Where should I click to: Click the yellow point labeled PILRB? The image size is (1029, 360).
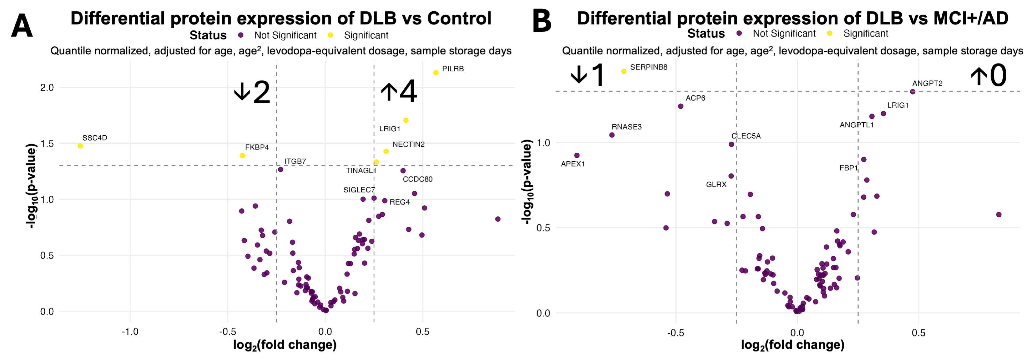pos(436,73)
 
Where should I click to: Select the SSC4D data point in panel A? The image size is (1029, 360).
pos(80,146)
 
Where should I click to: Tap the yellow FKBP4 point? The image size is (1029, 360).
pos(242,155)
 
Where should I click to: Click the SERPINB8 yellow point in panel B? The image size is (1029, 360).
pos(624,71)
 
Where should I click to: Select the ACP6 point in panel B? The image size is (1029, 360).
pos(681,106)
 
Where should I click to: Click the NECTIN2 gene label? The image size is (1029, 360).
pos(409,144)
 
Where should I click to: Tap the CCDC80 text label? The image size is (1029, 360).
pos(417,179)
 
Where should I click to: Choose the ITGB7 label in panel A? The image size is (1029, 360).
pos(295,162)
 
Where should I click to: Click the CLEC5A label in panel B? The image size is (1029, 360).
pos(746,136)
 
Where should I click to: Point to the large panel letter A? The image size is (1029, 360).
pos(22,26)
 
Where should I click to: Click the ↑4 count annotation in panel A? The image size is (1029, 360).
pos(399,92)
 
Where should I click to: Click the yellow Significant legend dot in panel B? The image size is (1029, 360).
pos(830,33)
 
